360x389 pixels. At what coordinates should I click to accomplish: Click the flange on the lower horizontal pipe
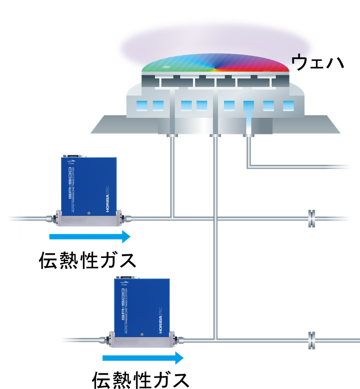click(x=311, y=339)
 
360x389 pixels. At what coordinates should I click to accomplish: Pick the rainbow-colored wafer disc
click(x=215, y=64)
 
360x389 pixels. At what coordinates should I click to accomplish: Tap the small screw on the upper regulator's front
click(x=88, y=213)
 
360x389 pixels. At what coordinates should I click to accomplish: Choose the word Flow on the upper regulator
click(x=71, y=163)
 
